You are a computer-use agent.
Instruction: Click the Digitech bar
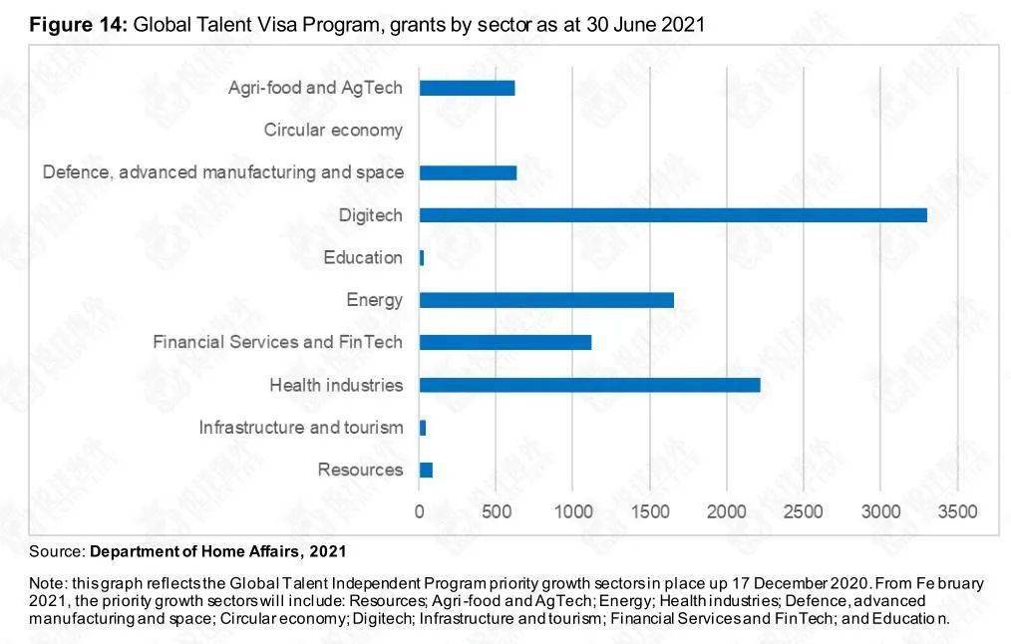[673, 215]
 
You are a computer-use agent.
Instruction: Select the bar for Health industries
[589, 385]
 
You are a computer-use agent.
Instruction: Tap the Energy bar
[546, 300]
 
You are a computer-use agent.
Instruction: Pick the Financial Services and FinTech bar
[505, 342]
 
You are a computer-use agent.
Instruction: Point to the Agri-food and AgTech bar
[467, 88]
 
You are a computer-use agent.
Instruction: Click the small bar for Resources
[426, 470]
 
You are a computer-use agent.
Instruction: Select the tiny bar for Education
[422, 257]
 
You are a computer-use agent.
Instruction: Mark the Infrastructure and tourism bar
[423, 428]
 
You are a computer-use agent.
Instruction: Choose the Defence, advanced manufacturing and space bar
[468, 172]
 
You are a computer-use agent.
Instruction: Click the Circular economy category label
[333, 130]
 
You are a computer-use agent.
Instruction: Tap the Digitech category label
[370, 215]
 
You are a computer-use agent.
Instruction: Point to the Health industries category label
[336, 385]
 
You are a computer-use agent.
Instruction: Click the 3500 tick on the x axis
[957, 511]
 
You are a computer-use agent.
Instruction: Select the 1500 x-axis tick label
[649, 511]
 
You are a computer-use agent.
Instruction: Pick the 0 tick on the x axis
[420, 511]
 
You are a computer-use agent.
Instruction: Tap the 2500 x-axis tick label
[803, 511]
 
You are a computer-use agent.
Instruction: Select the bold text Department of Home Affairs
[194, 551]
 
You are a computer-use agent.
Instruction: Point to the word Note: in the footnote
[47, 583]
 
